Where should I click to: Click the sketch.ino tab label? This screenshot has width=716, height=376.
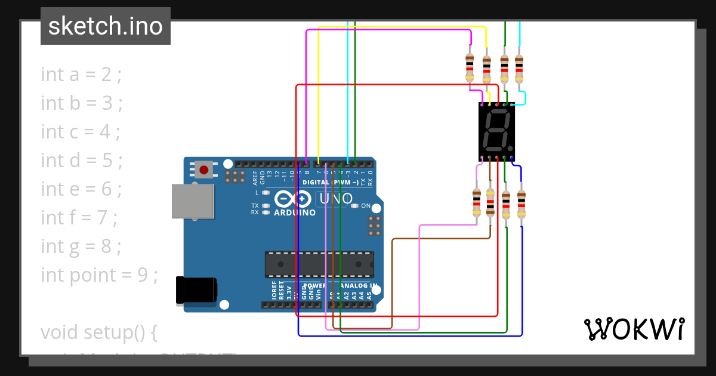(x=106, y=26)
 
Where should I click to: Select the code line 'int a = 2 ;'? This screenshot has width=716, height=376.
(x=81, y=75)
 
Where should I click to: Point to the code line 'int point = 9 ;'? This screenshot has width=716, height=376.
(x=99, y=275)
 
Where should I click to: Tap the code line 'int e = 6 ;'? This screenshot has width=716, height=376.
(x=81, y=189)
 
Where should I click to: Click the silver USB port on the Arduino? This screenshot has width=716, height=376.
(x=192, y=201)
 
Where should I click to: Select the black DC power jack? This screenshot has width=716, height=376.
(x=196, y=291)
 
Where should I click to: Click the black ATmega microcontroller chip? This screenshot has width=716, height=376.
(x=319, y=264)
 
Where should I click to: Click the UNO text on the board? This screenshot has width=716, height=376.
(x=334, y=199)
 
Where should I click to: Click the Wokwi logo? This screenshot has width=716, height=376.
(x=634, y=329)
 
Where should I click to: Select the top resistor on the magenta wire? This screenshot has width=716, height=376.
(x=470, y=67)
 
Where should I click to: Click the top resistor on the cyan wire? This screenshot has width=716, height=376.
(x=519, y=69)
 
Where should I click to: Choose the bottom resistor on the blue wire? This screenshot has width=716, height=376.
(x=521, y=205)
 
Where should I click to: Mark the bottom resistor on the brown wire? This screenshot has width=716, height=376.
(x=490, y=203)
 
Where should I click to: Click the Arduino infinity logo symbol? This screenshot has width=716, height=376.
(x=293, y=199)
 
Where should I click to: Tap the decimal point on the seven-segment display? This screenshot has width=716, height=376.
(x=510, y=147)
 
